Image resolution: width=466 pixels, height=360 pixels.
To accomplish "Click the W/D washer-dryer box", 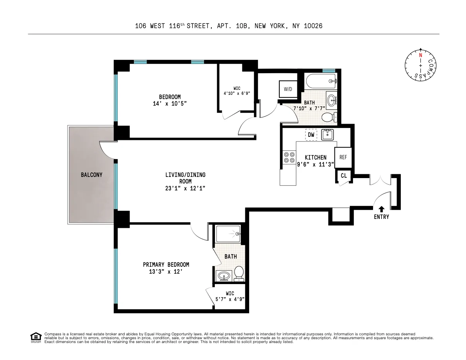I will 288,89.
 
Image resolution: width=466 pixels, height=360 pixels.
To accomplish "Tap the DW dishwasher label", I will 311,135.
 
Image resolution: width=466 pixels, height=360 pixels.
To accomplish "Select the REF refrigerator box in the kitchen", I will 343,157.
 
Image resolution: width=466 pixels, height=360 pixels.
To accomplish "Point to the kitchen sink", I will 328,135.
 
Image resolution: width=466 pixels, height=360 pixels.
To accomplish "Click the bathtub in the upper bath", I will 321,81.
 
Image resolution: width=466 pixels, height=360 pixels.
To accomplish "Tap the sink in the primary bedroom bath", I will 224,276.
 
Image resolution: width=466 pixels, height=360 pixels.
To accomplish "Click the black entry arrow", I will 381,209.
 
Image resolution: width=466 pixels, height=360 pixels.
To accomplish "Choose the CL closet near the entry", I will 343,176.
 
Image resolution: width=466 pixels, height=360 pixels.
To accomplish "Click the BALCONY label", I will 91,175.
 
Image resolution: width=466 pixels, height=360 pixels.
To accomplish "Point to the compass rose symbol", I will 420,65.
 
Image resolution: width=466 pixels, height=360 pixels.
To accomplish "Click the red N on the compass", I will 420,55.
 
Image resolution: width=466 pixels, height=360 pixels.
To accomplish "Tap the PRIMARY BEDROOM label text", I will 166,264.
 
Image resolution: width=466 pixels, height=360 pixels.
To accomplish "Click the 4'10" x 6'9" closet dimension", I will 237,93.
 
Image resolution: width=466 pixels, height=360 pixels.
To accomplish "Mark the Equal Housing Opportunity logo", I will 35,336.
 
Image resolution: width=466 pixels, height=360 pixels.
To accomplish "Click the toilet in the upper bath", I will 328,117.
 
